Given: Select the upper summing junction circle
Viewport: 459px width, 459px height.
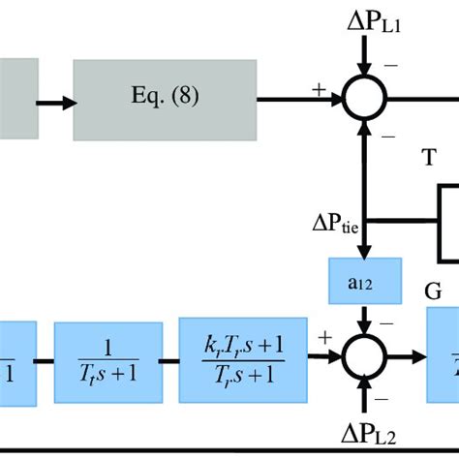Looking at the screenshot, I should coord(367,98).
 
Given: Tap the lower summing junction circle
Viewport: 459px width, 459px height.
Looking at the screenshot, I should coord(367,356).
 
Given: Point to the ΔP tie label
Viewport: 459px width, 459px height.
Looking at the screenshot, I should coord(336,225).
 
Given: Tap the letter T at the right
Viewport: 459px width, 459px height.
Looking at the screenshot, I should coord(428,158).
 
